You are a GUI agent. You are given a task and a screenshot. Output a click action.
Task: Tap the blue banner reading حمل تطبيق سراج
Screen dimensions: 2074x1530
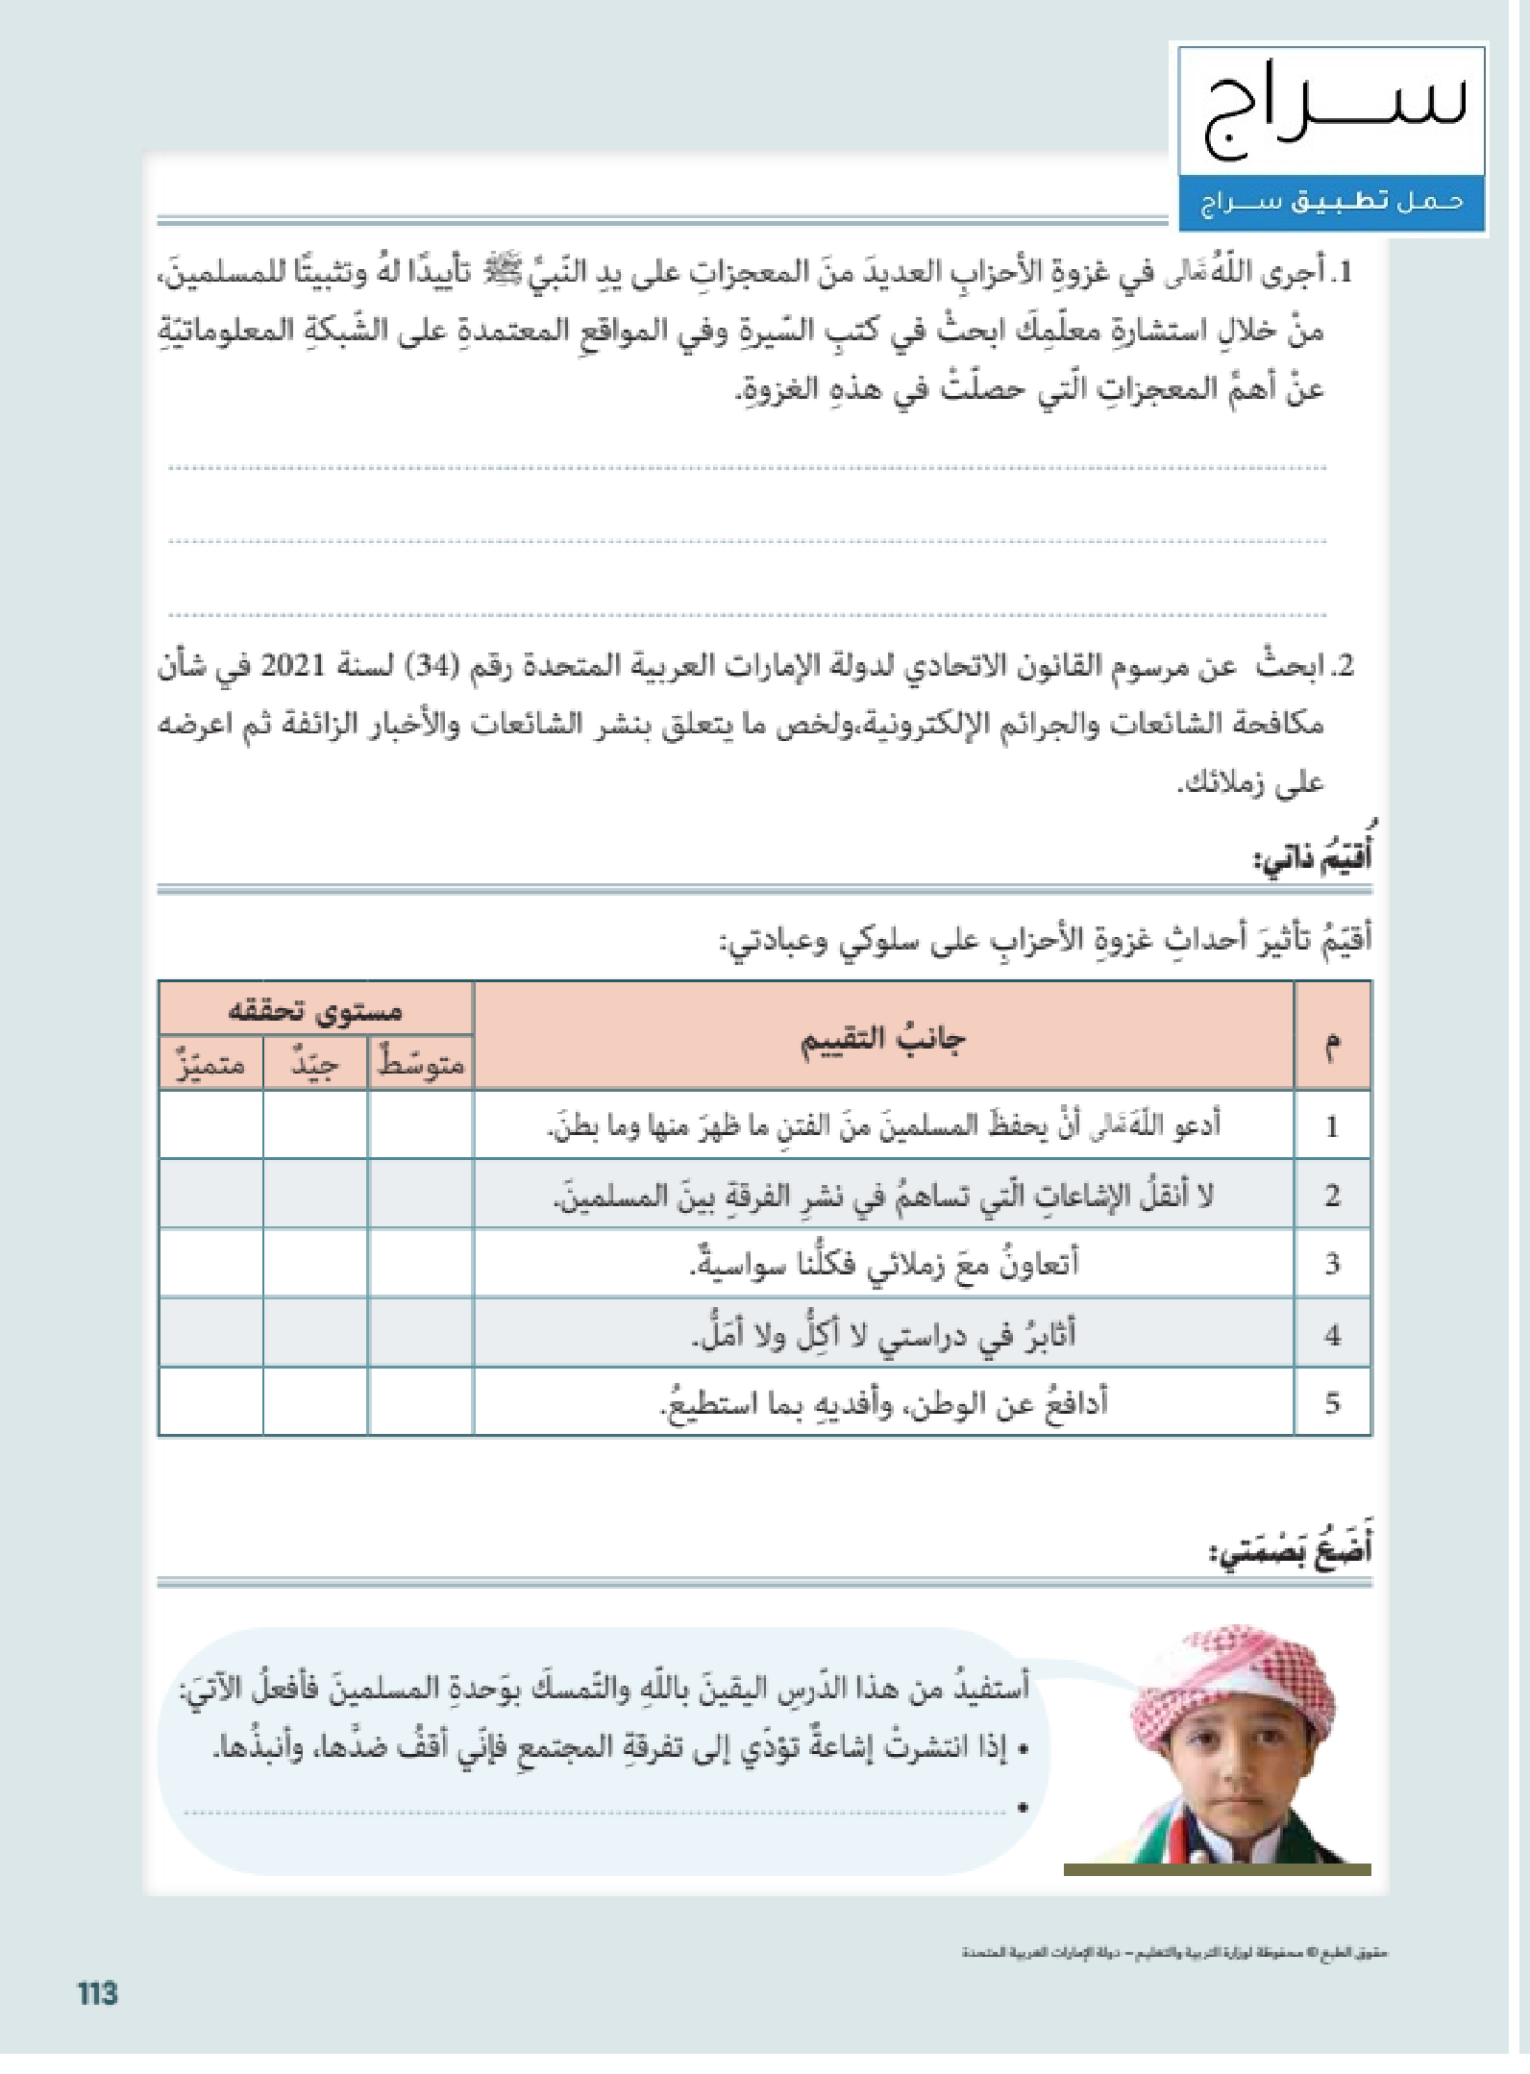coord(1332,202)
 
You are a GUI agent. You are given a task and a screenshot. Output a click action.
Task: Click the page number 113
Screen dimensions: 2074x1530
coord(98,1993)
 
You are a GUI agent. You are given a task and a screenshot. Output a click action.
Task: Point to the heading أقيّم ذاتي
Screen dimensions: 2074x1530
coord(1313,856)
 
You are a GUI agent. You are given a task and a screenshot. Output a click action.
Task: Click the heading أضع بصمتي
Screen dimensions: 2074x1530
coord(1291,1550)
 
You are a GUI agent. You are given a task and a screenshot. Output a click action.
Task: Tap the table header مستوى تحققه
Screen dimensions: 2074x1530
coord(315,1010)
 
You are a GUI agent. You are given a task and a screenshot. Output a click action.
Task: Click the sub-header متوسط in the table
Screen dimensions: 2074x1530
coord(421,1064)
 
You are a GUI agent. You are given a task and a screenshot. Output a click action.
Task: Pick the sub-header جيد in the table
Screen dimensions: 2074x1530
coord(315,1064)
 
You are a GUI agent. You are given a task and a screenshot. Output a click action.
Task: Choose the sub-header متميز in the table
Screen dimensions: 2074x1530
coord(210,1064)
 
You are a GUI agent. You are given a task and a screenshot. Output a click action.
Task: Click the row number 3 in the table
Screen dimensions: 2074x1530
coord(1332,1263)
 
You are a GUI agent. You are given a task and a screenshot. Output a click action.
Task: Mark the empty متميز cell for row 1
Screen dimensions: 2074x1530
coord(210,1124)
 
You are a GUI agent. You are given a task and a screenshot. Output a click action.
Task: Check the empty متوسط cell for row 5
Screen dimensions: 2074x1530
coord(421,1401)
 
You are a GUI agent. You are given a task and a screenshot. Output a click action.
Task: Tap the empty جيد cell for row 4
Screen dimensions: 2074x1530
coord(315,1333)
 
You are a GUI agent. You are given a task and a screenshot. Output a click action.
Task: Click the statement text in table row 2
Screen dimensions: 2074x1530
coord(883,1195)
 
